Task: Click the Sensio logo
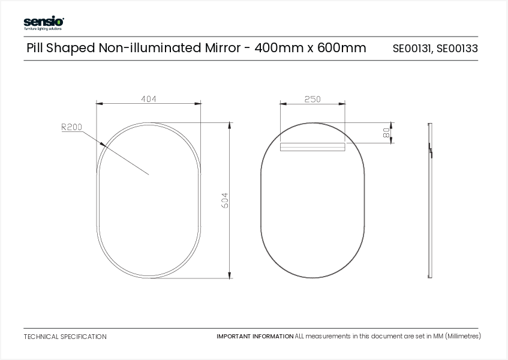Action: point(43,23)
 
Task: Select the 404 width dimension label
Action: point(149,99)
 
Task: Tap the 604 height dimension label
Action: point(225,200)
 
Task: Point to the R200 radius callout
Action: point(71,127)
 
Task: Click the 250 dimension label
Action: point(312,99)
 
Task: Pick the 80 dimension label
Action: point(386,133)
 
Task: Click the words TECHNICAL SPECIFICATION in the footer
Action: point(65,337)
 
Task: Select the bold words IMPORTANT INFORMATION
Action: point(255,337)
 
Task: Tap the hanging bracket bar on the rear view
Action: point(312,146)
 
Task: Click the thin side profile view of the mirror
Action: point(429,200)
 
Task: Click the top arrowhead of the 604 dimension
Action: point(230,125)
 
